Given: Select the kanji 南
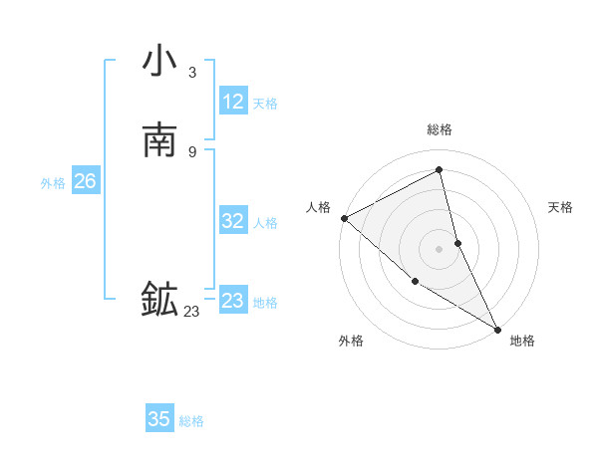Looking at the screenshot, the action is point(159,139).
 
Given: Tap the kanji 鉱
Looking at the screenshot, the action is point(159,300).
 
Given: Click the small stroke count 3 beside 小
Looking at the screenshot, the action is point(192,73).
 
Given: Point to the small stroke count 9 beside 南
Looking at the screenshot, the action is point(192,151).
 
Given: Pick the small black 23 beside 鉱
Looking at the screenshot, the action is point(191,312).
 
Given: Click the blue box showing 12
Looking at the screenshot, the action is point(233,102).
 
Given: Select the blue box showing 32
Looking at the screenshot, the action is point(233,222).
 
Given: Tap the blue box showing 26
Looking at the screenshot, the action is point(85,182).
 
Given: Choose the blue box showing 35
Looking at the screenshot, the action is point(159,419).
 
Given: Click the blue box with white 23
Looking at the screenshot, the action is point(233,301).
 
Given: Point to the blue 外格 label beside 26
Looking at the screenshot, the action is point(53,183).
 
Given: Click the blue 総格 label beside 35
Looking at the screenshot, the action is point(191,421).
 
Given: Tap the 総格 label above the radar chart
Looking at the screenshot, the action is point(440,129).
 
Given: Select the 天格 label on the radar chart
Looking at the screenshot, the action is point(561,207).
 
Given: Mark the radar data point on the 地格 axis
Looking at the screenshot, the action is point(497,329).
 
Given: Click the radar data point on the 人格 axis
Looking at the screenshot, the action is point(344,218).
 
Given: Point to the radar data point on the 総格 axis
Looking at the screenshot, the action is point(440,169).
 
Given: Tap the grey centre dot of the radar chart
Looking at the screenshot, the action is point(440,249).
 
